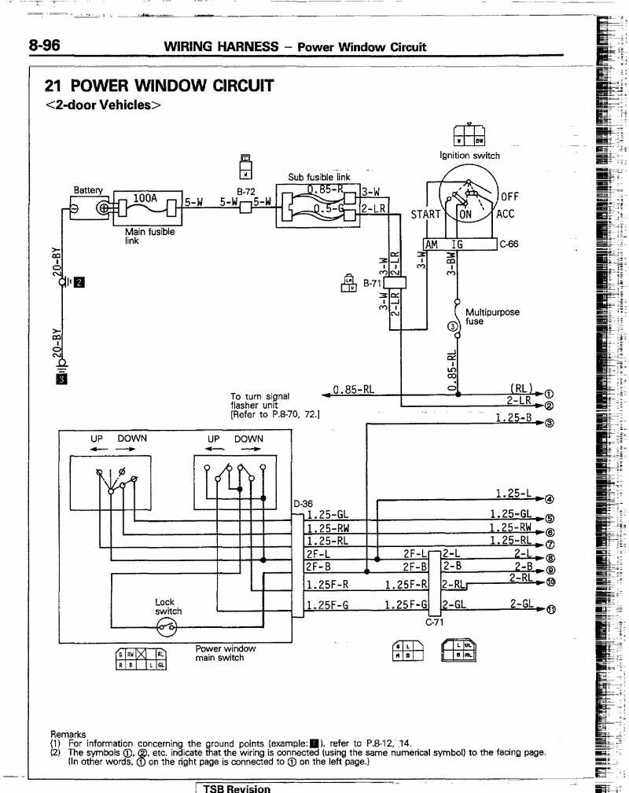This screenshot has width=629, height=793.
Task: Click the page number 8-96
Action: [45, 46]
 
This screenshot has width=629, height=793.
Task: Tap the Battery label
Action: [88, 190]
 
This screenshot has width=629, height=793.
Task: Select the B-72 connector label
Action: [246, 191]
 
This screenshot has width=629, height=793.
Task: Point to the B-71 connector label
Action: [373, 283]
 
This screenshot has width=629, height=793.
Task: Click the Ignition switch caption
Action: [469, 156]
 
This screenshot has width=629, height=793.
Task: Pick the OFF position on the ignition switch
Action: [510, 197]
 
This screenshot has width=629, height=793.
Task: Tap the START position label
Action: [427, 215]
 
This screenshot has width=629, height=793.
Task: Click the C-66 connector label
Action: [509, 244]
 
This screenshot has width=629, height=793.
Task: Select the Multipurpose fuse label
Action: [492, 317]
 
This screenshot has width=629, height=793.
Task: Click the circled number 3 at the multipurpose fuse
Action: [451, 327]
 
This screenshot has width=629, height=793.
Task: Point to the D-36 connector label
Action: [303, 504]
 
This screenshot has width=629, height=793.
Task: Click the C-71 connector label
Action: [435, 622]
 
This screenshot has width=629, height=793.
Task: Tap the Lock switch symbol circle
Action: [167, 626]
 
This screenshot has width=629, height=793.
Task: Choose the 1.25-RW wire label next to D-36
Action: [329, 528]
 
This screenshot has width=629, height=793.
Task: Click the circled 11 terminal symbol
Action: [550, 610]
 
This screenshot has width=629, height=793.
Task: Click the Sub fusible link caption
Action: [319, 177]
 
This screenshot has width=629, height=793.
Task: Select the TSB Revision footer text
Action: [237, 788]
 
